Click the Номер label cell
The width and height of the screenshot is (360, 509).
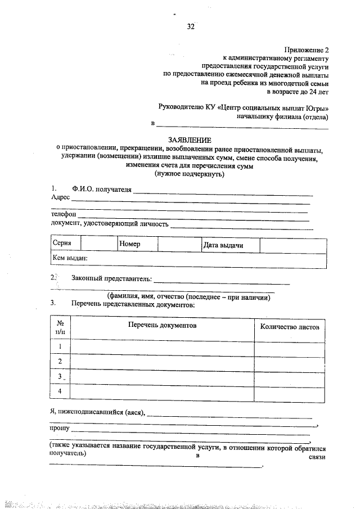[x=129, y=245]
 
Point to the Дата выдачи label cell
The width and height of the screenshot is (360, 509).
[x=223, y=245]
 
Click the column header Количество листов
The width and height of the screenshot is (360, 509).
[x=290, y=327]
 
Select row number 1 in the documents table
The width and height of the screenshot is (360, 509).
[x=60, y=346]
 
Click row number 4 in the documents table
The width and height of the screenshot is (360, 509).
[x=60, y=391]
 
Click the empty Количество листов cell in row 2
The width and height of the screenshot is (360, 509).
[x=290, y=361]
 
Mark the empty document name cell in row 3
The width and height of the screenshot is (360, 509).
[x=162, y=376]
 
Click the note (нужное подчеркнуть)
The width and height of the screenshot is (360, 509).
[x=190, y=174]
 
